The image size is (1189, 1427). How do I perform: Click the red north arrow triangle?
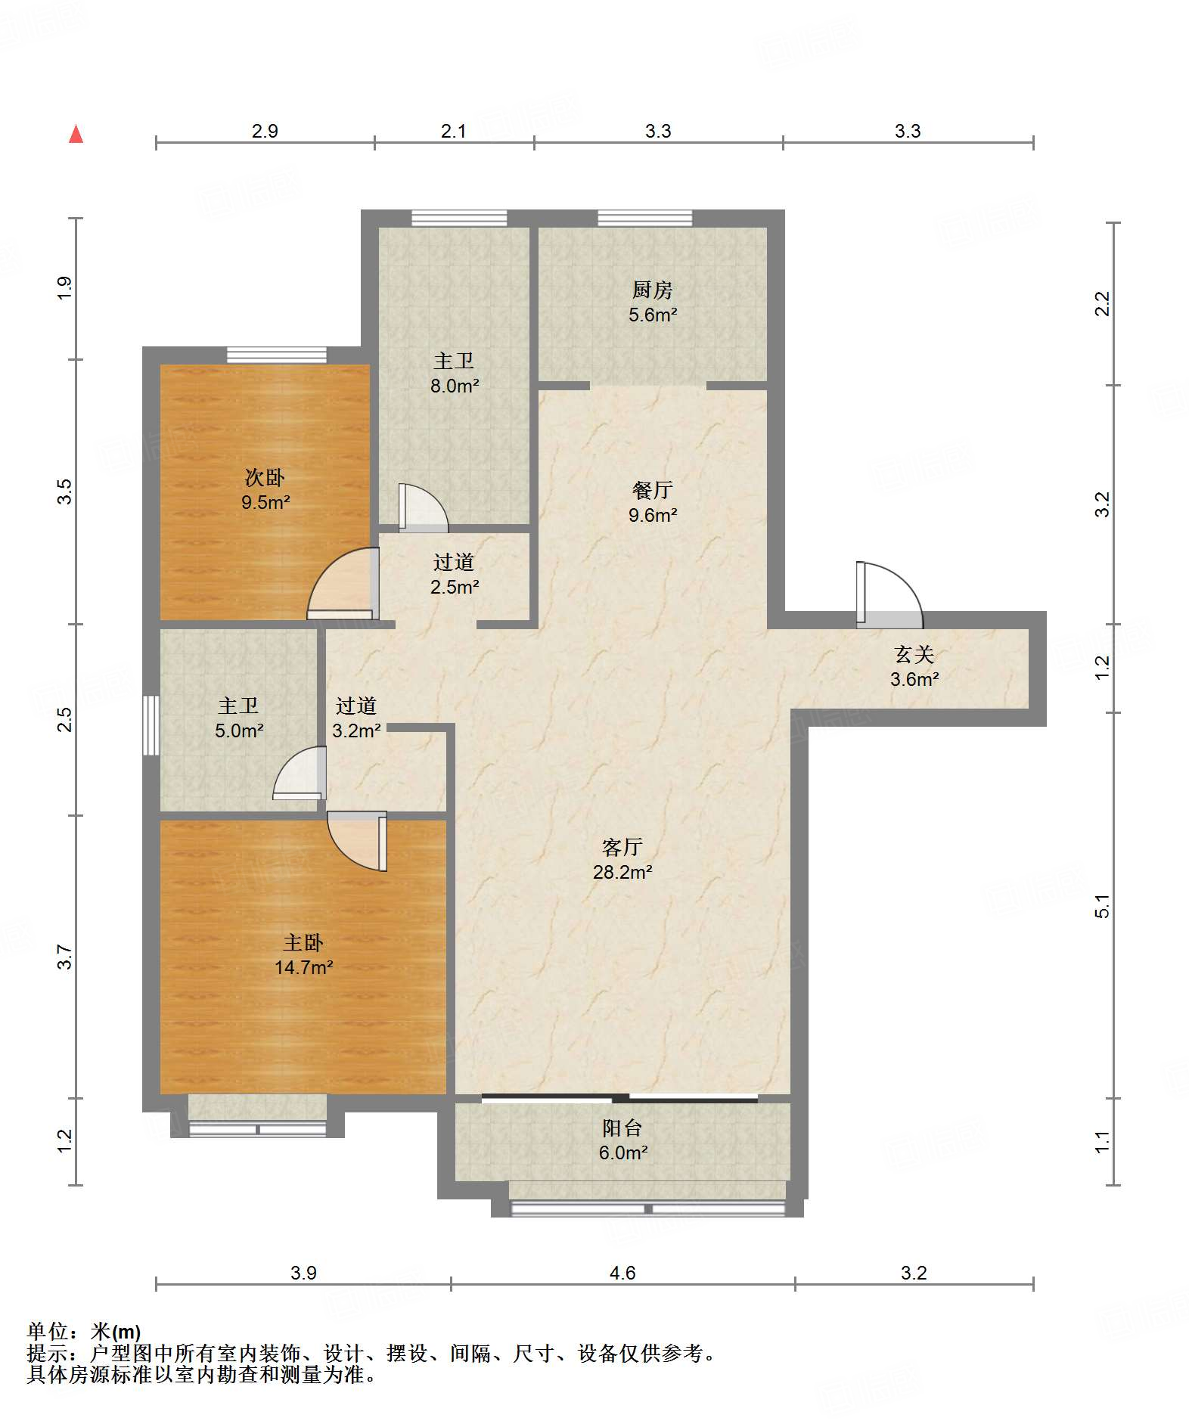click(x=76, y=134)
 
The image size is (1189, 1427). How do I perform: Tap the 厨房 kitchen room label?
click(x=652, y=290)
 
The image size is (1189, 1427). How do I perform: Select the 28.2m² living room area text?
click(x=622, y=872)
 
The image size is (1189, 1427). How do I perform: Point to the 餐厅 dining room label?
click(x=652, y=490)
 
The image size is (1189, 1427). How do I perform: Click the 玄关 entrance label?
click(x=914, y=654)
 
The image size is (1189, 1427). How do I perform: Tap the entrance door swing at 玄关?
click(x=889, y=595)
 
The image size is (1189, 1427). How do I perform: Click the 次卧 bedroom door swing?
click(x=343, y=583)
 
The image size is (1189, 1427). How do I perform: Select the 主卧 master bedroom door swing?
click(x=357, y=841)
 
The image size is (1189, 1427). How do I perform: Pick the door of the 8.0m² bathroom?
click(x=423, y=505)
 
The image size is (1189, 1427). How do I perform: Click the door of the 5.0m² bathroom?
click(x=300, y=773)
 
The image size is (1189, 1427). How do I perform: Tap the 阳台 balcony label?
click(x=622, y=1128)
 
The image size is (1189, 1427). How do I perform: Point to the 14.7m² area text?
click(x=303, y=967)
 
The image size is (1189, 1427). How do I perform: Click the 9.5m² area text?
click(x=265, y=502)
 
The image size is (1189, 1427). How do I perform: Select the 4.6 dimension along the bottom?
click(x=622, y=1273)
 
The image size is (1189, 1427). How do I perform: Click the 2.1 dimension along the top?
click(x=454, y=131)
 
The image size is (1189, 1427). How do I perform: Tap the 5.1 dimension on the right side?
click(x=1102, y=906)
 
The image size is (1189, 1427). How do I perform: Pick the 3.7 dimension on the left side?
click(x=65, y=957)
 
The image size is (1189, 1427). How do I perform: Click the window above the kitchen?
click(x=644, y=218)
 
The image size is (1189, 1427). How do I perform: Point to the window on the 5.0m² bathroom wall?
click(x=151, y=724)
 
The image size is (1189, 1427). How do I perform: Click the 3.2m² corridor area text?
click(x=356, y=731)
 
